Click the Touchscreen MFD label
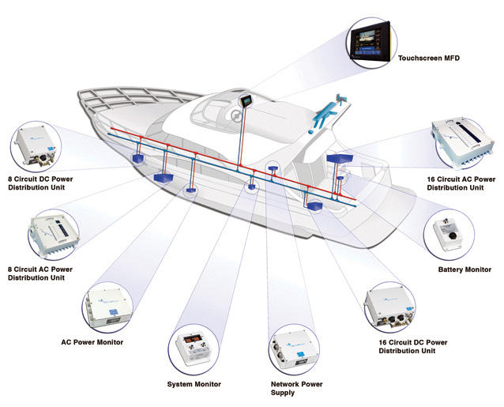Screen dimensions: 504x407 429,58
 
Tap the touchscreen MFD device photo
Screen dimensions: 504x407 370,42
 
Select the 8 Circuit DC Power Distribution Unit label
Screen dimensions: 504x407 40,183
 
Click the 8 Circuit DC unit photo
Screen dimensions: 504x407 35,146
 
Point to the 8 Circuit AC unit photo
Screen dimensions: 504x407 54,234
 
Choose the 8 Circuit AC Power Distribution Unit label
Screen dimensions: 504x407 40,273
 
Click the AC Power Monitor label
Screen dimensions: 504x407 92,342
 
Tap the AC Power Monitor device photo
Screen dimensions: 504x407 107,307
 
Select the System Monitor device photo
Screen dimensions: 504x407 193,349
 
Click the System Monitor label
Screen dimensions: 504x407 194,384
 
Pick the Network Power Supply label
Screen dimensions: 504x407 296,388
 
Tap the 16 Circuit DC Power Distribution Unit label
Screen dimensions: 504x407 413,347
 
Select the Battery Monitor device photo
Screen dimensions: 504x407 448,233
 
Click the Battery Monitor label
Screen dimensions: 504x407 465,269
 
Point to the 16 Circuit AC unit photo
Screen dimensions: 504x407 463,142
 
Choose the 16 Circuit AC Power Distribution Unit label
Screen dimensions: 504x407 461,183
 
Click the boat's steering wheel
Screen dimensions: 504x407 236,115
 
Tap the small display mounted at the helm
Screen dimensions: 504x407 246,101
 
